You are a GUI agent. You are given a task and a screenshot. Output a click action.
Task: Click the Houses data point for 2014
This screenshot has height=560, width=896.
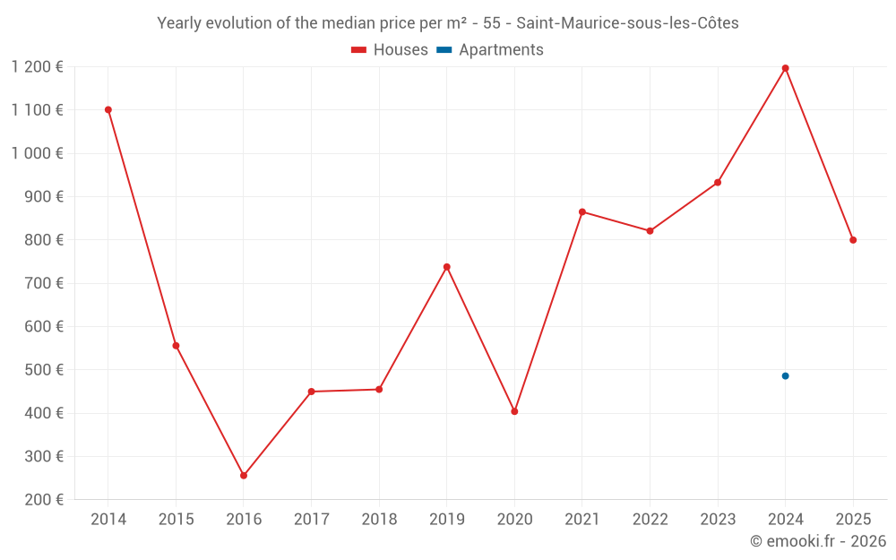click(108, 110)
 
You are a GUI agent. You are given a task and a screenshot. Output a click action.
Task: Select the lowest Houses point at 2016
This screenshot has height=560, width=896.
click(244, 476)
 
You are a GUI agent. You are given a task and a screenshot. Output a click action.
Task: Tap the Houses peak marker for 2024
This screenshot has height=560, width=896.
click(785, 68)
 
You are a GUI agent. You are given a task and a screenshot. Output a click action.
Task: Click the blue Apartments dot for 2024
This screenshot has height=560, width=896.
click(785, 376)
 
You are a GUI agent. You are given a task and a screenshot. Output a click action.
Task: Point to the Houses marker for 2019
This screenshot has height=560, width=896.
click(446, 267)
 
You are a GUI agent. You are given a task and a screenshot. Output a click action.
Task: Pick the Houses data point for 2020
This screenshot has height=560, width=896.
click(514, 411)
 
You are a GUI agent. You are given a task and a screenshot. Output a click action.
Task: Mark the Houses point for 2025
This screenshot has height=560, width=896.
click(853, 240)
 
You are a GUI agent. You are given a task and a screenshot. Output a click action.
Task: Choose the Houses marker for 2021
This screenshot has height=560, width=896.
click(582, 212)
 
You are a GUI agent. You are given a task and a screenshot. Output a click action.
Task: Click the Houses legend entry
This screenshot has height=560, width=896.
click(390, 50)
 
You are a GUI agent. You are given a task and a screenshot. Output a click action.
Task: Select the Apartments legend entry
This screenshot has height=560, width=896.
click(491, 50)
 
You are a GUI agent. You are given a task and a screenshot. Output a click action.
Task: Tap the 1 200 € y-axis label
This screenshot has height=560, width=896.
click(37, 67)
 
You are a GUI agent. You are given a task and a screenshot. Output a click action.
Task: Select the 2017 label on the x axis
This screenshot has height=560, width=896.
click(311, 520)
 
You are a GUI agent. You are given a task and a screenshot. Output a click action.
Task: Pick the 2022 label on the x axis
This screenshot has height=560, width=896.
click(650, 520)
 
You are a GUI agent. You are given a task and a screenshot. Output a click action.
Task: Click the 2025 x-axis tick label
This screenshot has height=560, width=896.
click(853, 520)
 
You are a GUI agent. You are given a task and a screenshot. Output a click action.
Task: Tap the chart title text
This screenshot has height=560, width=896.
click(448, 23)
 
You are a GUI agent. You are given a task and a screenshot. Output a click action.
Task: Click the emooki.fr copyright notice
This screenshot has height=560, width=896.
click(817, 541)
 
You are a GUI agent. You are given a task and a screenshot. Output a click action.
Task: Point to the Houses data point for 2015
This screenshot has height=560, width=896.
click(176, 346)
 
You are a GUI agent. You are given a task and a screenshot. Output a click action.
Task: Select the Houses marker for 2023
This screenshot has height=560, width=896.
click(718, 183)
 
